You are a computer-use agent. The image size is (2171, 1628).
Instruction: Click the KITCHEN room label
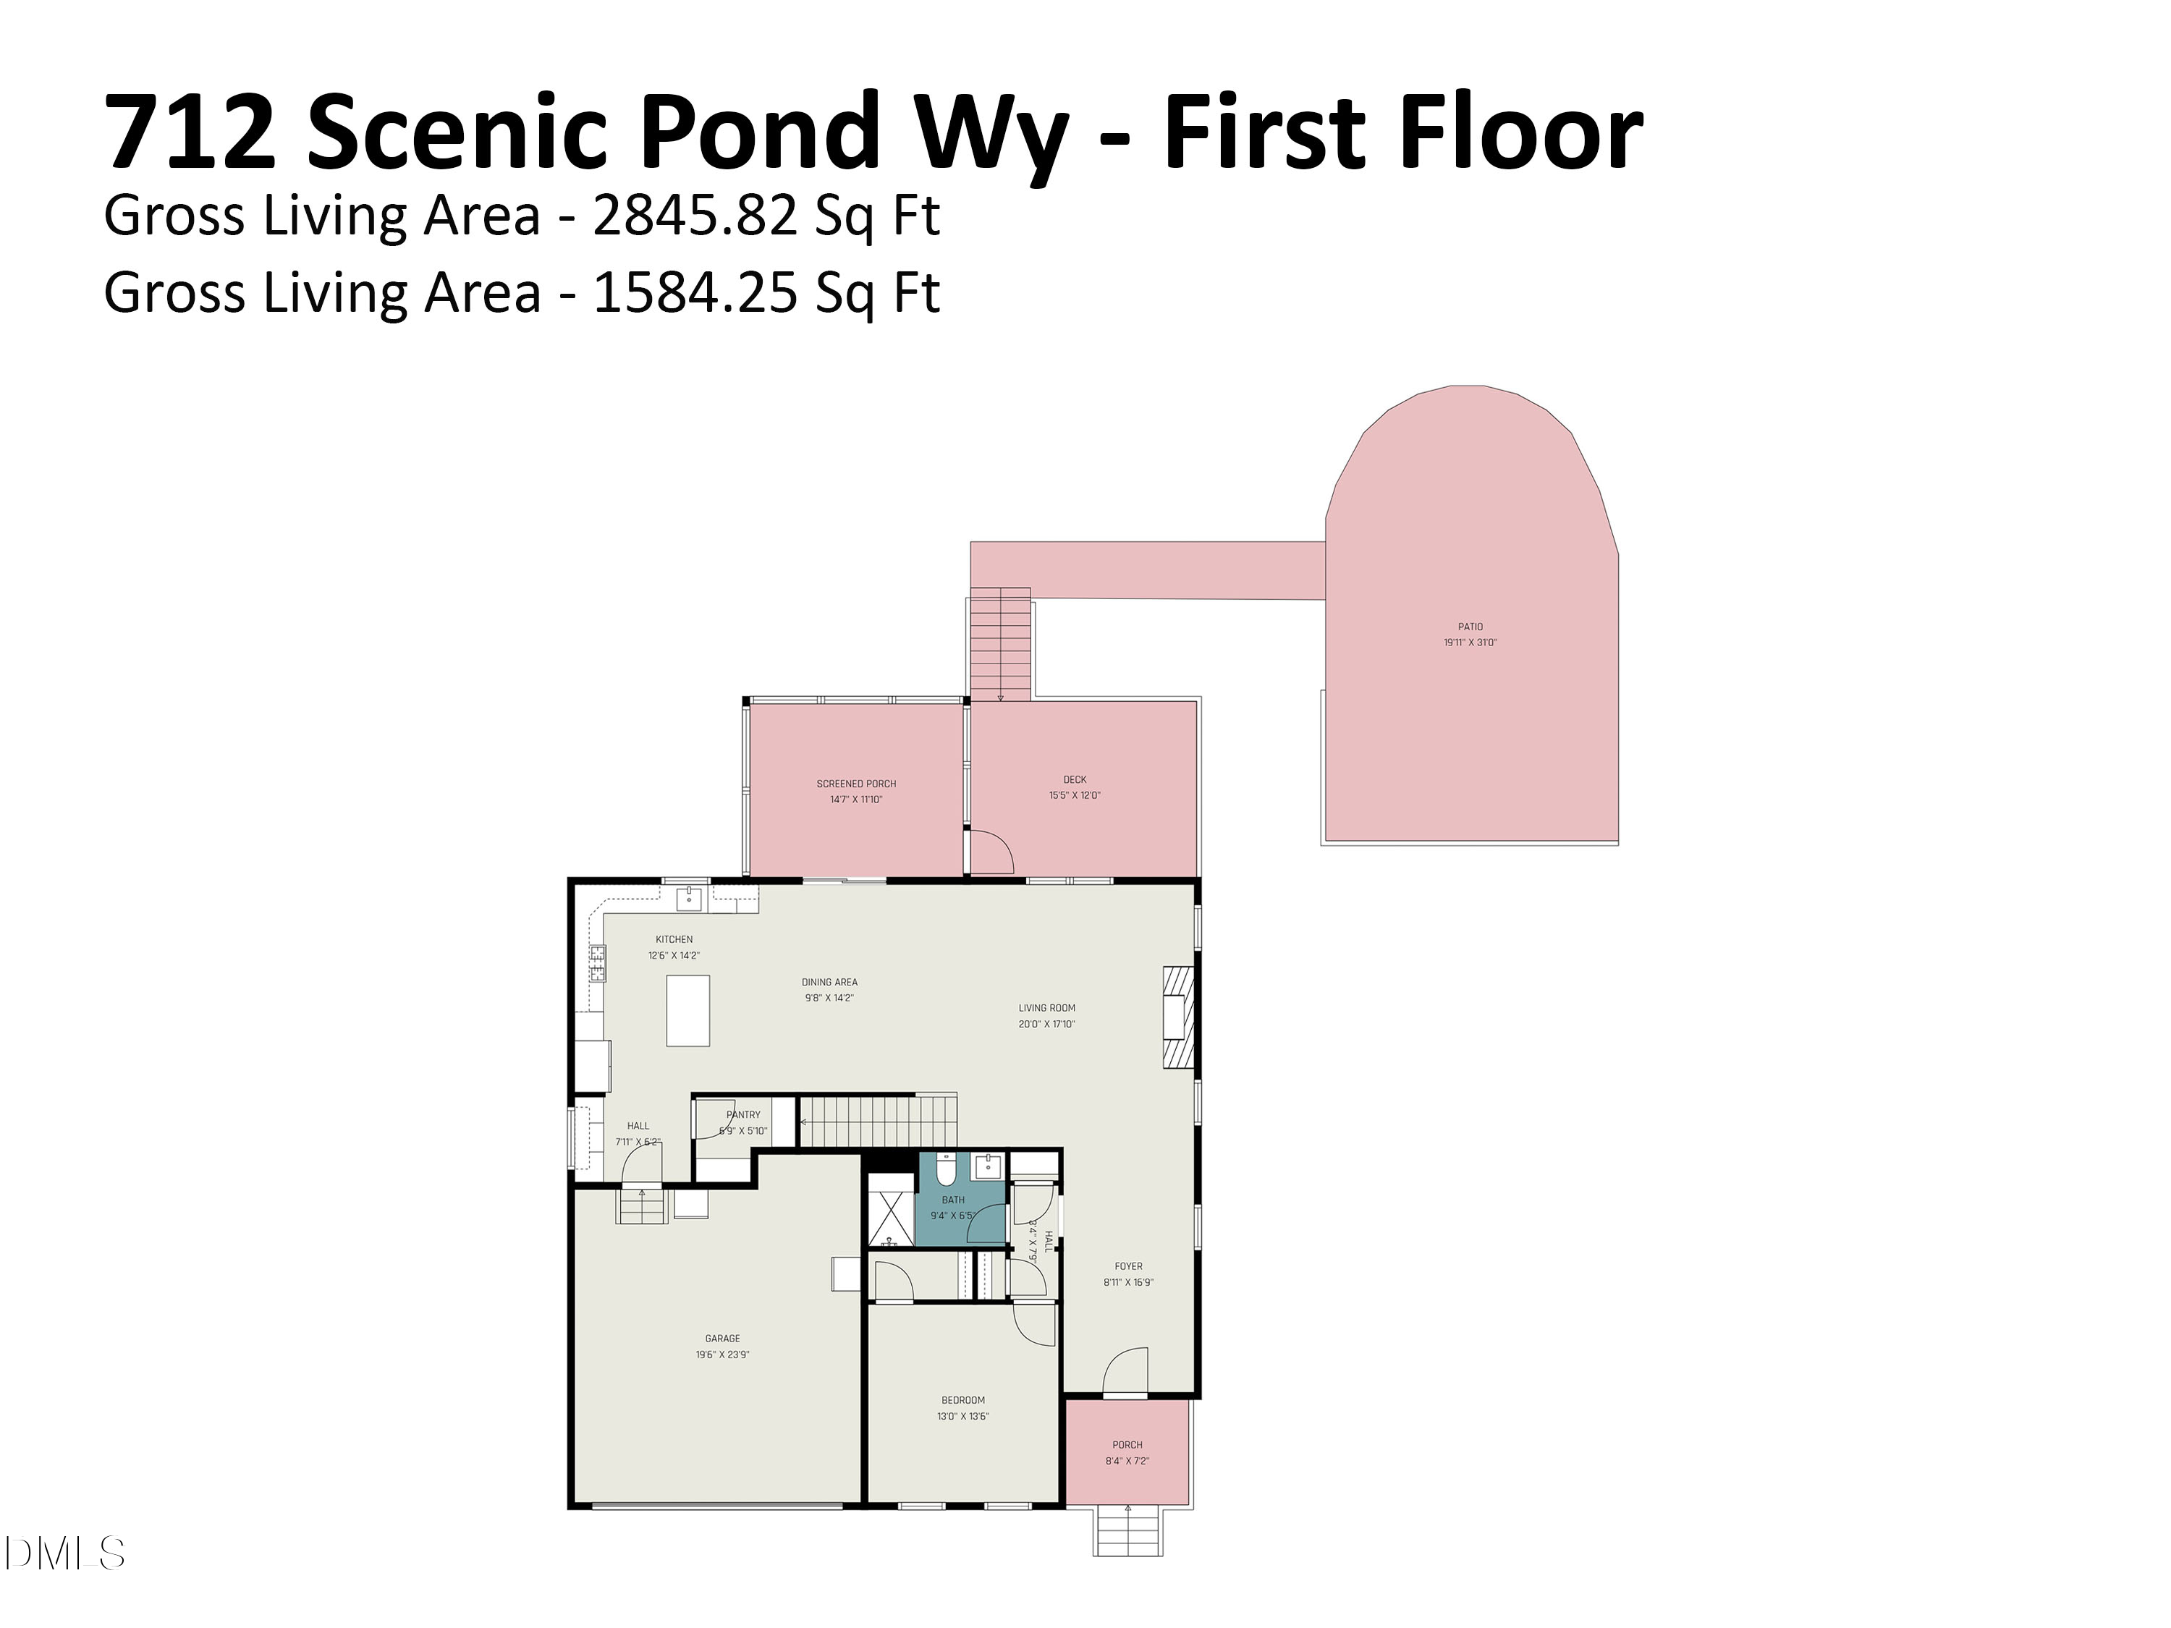(674, 939)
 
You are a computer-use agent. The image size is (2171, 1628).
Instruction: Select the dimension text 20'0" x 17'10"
(1046, 1024)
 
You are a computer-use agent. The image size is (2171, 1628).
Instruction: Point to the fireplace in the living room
(1177, 1017)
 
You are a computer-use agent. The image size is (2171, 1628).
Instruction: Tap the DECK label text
(1074, 779)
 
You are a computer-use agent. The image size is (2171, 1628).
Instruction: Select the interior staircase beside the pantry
(877, 1122)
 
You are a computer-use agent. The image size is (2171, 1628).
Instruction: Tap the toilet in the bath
(945, 1170)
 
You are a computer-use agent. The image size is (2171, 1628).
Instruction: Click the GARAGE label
(722, 1338)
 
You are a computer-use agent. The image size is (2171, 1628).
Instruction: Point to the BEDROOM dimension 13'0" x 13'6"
(962, 1416)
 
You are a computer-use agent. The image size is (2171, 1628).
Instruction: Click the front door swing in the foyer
(1127, 1372)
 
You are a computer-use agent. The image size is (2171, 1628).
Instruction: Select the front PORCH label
(1127, 1444)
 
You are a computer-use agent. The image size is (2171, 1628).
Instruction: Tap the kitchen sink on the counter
(689, 898)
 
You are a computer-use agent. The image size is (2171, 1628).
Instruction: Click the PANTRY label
(743, 1115)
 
